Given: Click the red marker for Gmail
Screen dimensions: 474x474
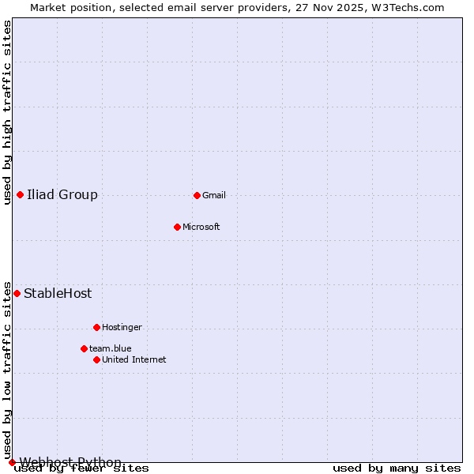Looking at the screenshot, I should pos(197,195).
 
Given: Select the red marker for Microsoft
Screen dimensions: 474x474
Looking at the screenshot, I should pos(177,227).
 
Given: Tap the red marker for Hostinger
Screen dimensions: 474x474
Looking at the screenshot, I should pos(96,327).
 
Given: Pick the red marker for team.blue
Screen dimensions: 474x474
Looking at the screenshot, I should pos(84,348).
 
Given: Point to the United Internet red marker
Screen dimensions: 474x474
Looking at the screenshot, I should pos(96,359).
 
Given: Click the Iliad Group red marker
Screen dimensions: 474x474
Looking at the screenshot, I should pos(20,194).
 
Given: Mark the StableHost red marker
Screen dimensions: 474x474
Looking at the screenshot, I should pos(17,293).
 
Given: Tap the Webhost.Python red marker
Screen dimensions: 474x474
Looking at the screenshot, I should pos(12,462).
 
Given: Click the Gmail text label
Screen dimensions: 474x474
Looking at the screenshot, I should pos(214,195).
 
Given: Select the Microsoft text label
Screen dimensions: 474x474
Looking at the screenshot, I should pos(201,227).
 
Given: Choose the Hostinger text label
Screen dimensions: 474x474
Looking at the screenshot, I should pos(122,327).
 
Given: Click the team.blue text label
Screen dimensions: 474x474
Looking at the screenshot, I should pos(111,348).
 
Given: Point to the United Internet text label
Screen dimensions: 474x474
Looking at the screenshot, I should pos(134,359).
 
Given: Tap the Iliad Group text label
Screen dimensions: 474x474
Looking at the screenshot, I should pos(62,194).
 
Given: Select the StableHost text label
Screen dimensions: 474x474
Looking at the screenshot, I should pos(58,293).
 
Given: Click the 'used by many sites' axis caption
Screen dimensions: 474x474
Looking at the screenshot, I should pos(397,468).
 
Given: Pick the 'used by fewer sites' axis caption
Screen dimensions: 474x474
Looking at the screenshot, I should pos(81,468).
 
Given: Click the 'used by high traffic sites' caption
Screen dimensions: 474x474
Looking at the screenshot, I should pos(7,112).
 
